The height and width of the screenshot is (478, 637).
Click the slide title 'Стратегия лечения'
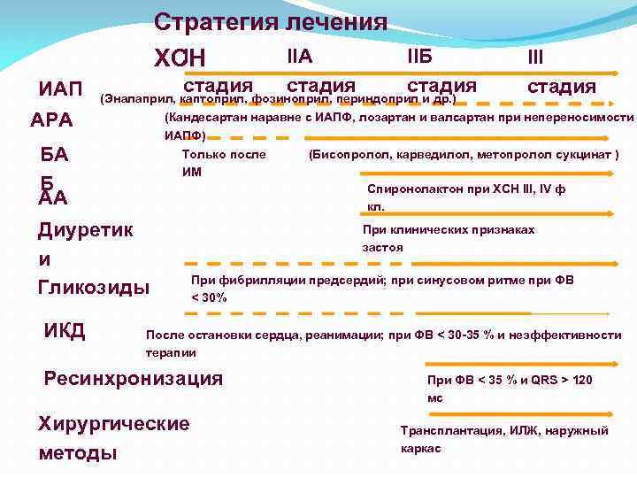coord(271,21)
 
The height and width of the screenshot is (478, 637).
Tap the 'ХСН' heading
coord(180,58)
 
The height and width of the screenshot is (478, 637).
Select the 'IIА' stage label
coord(300,58)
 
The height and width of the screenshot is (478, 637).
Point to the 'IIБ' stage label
coord(419,58)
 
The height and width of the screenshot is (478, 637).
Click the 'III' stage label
coord(535,58)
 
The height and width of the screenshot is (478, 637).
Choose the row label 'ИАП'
coord(60,90)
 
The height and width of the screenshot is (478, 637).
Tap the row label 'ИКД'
coord(65,331)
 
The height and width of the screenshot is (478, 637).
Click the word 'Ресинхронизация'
coord(134,378)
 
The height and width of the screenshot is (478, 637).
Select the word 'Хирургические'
coord(114,423)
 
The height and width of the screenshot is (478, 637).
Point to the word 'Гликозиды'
coord(94,287)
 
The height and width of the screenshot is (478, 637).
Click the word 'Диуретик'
coord(86,230)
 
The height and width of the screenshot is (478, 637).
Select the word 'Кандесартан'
coord(209,118)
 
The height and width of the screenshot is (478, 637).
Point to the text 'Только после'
coord(223,155)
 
